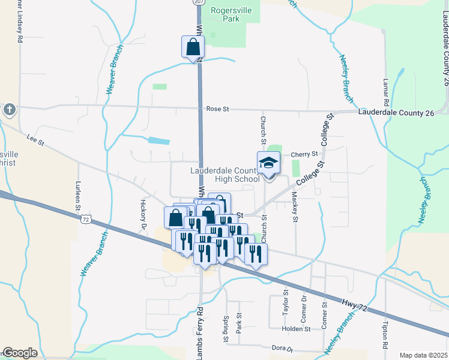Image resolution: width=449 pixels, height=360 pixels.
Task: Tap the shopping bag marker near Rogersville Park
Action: (x=193, y=47)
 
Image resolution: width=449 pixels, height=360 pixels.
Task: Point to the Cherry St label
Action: (x=304, y=154)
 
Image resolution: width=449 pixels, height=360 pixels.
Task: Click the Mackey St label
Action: (x=295, y=206)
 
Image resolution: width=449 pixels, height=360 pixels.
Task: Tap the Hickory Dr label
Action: (x=143, y=213)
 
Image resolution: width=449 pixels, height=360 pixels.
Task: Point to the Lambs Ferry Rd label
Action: (x=200, y=333)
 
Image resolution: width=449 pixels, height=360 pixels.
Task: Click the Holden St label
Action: (x=298, y=329)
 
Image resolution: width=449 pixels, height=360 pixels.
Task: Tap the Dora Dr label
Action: (x=282, y=348)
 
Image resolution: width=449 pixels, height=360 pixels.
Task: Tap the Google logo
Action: (x=20, y=353)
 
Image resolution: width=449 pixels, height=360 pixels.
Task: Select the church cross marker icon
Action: (x=8, y=110)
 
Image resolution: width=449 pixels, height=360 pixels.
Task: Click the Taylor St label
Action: (x=286, y=307)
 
